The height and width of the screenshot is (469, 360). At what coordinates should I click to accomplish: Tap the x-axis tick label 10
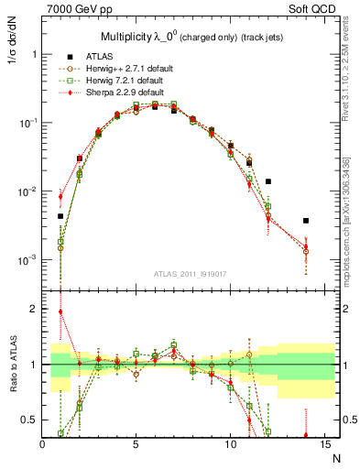point(230,444)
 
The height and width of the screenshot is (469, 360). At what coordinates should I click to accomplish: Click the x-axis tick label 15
point(323,444)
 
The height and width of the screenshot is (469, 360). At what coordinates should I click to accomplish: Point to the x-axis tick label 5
point(136,444)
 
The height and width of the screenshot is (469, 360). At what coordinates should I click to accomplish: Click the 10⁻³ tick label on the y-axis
point(27,260)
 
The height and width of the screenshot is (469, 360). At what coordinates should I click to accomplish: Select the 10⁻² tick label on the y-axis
point(27,191)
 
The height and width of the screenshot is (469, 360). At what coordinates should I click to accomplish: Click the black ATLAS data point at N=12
point(268,181)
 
